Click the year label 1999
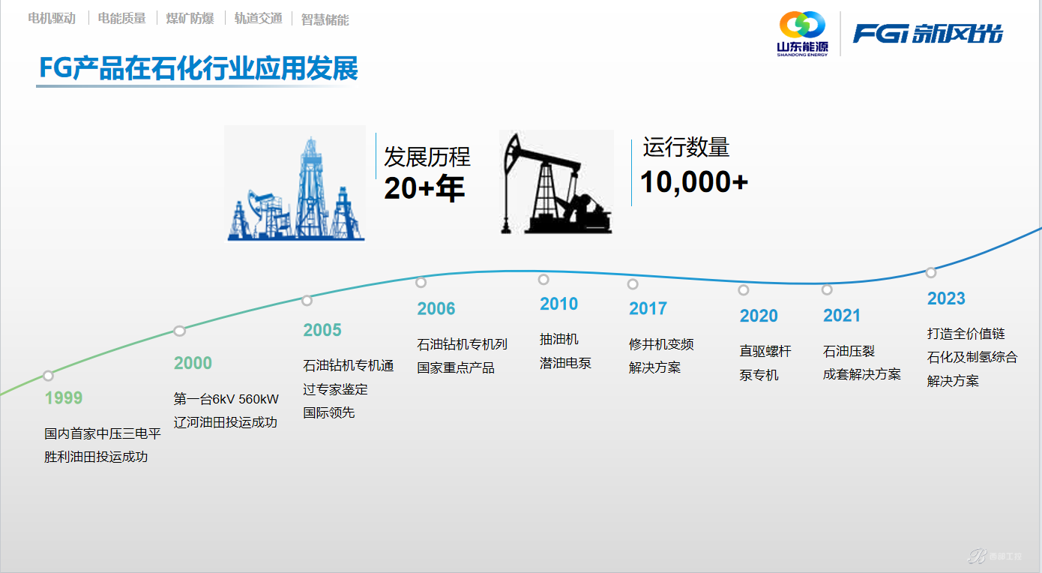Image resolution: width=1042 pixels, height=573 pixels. coord(63,398)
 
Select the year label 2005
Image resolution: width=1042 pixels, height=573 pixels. coord(322,330)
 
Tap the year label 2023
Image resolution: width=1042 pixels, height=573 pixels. coord(946,298)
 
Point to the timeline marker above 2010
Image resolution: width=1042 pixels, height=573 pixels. coord(543,279)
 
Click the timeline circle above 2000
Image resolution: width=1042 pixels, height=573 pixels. coord(180,331)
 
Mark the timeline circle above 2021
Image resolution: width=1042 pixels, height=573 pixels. coord(827,289)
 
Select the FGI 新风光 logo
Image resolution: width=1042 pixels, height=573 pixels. coord(927,34)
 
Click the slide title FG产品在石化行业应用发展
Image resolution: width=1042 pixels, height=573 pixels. coord(199,68)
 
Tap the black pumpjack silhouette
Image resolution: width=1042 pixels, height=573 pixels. coord(556,183)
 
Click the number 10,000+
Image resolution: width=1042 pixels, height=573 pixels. coord(694,181)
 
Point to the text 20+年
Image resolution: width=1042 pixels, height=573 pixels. coord(424,188)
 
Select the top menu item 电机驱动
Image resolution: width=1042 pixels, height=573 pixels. coord(52,18)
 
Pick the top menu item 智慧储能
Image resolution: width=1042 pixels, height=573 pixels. coord(325,19)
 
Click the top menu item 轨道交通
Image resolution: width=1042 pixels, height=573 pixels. coord(258,18)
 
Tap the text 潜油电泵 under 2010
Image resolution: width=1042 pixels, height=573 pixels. coord(565,363)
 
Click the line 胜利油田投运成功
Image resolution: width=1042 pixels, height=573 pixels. coord(96,457)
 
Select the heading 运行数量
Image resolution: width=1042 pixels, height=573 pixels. coord(686,147)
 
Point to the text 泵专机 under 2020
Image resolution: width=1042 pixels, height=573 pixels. coord(759,375)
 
